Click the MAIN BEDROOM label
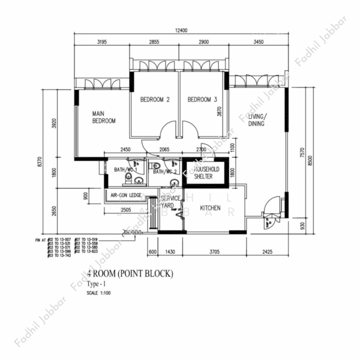click(x=103, y=116)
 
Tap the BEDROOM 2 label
click(x=155, y=100)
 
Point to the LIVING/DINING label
click(x=258, y=119)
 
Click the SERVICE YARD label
click(x=171, y=202)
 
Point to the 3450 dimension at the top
click(x=259, y=43)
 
